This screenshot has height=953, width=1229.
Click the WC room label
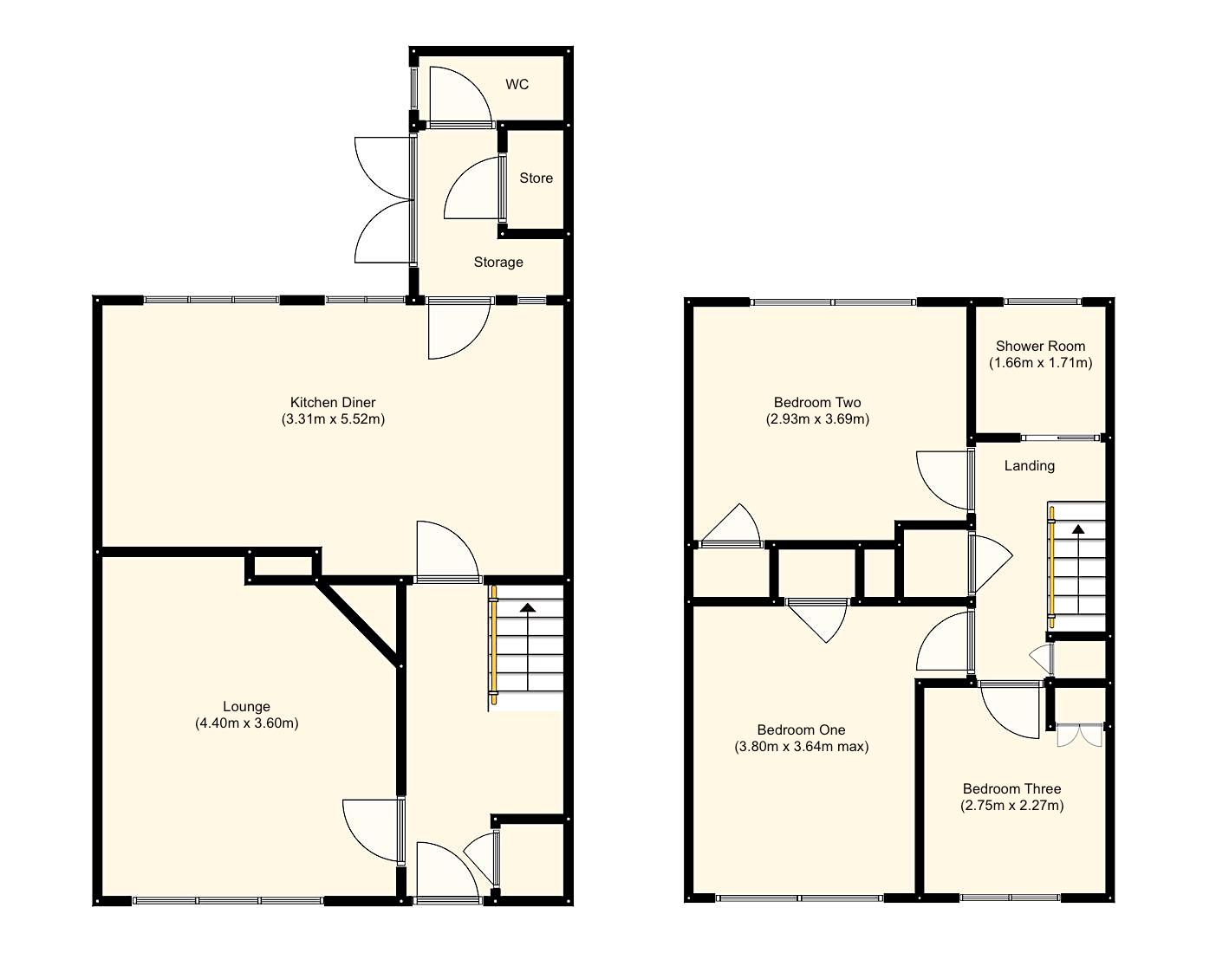[517, 85]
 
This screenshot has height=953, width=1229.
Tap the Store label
[536, 178]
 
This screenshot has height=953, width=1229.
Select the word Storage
[498, 263]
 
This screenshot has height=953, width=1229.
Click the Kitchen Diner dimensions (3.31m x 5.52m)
[333, 419]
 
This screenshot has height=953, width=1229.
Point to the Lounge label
[246, 707]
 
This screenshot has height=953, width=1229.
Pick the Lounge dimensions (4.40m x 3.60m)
[247, 723]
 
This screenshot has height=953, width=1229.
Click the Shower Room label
[1040, 346]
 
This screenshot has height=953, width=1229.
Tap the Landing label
[1030, 466]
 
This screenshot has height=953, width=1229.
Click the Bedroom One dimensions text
[802, 747]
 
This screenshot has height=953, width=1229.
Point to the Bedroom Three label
[1011, 789]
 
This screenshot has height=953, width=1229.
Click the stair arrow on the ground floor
[527, 609]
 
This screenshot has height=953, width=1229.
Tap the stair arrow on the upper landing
[1077, 529]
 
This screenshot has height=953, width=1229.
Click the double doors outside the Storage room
[381, 201]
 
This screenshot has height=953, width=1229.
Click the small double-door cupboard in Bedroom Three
[1079, 735]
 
